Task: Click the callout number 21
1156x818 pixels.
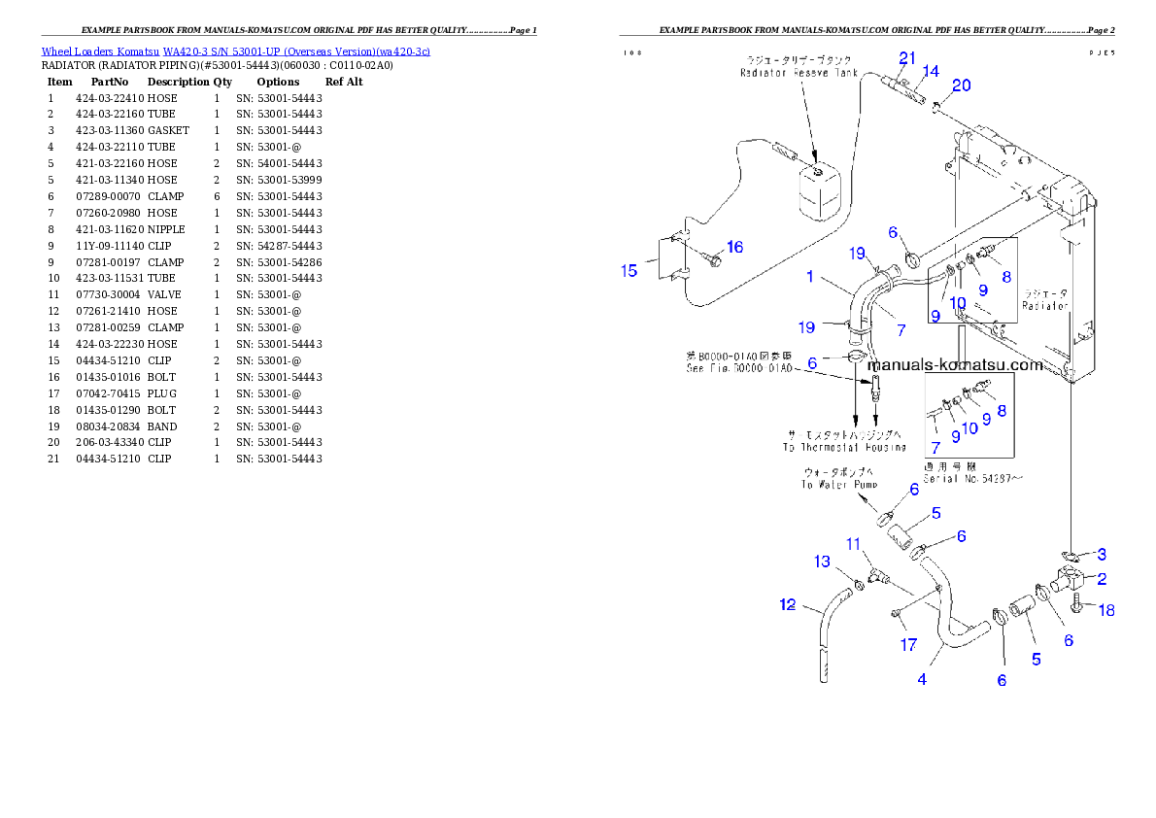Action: (x=906, y=57)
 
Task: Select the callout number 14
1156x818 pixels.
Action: (x=931, y=71)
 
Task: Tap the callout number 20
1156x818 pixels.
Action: (x=961, y=85)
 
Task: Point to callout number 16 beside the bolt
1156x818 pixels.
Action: (x=734, y=248)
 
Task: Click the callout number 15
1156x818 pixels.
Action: (x=629, y=270)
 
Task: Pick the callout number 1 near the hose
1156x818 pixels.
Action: (x=809, y=277)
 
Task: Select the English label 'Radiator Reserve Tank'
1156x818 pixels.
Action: (x=799, y=73)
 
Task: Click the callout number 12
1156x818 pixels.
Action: (x=788, y=606)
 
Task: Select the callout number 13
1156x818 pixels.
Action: (x=822, y=562)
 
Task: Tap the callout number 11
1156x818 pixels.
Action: (x=852, y=543)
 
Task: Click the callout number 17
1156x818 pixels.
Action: (x=907, y=644)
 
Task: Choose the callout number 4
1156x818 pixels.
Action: (x=921, y=679)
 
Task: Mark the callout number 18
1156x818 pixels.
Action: (x=1105, y=610)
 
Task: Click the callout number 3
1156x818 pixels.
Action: (x=1101, y=555)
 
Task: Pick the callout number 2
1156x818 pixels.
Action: (x=1102, y=579)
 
